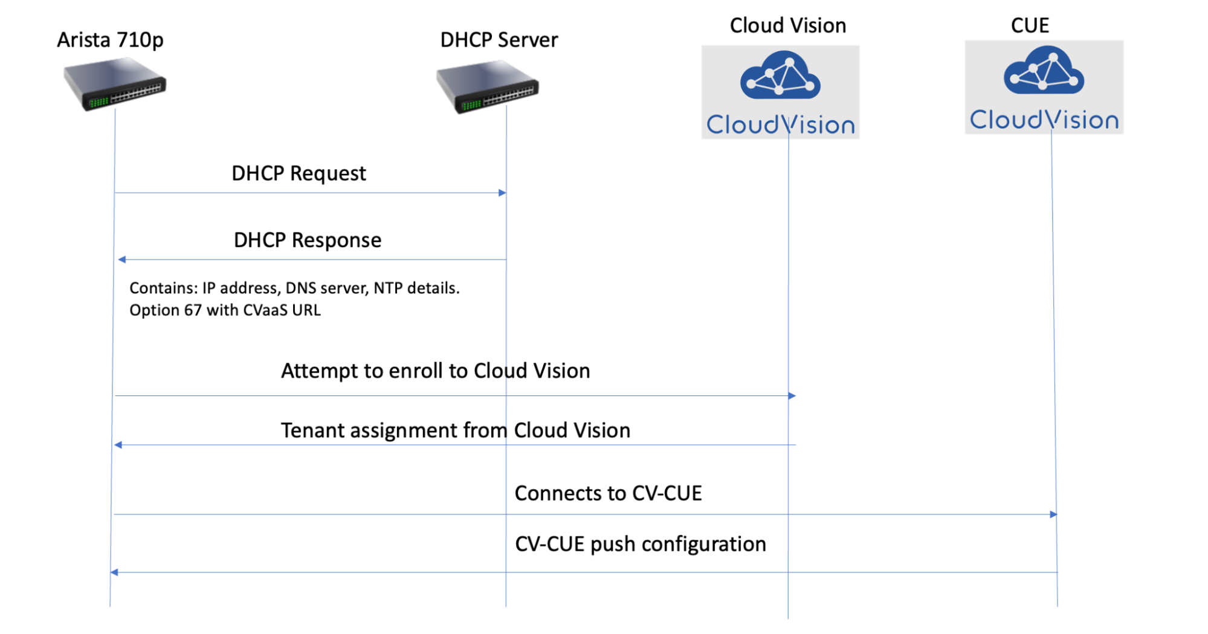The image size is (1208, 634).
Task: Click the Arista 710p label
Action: tap(110, 40)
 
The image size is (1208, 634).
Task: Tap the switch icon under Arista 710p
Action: tap(115, 84)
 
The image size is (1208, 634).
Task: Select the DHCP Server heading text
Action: tap(499, 40)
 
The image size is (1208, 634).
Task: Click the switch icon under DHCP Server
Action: tap(488, 87)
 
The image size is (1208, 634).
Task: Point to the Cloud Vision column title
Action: tap(787, 25)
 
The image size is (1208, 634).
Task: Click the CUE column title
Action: tap(1030, 25)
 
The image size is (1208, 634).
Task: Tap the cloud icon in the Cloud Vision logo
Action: tap(780, 75)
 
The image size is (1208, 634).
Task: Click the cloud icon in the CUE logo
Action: tap(1044, 71)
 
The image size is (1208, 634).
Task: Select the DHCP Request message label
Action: tap(299, 173)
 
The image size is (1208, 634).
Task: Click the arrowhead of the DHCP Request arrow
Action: tap(502, 193)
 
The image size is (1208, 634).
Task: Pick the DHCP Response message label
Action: tap(307, 240)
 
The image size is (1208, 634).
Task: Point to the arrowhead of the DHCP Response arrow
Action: tap(121, 260)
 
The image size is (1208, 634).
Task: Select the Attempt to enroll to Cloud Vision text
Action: tap(435, 371)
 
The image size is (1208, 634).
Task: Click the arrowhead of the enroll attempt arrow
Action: tap(792, 396)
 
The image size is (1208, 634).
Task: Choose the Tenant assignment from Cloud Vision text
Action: tap(455, 431)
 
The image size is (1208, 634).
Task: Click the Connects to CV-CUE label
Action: tap(607, 493)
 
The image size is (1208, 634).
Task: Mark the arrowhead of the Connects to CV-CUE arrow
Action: tap(1053, 515)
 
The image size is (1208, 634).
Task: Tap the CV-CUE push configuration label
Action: tap(640, 544)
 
